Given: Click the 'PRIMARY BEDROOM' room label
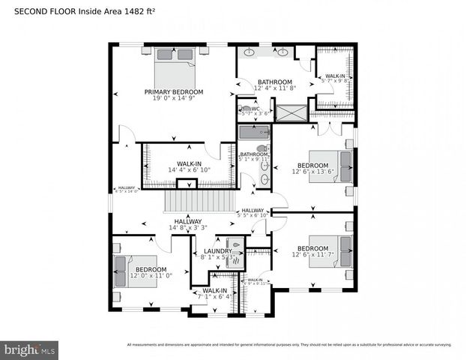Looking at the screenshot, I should (x=174, y=92).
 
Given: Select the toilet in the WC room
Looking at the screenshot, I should (x=246, y=109).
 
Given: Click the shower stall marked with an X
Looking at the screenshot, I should (x=290, y=112).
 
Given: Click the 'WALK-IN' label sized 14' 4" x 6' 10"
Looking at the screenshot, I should (x=188, y=163).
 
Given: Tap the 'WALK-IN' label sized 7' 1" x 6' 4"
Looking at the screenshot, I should (x=214, y=290).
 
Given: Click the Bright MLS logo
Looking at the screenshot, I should (x=30, y=349).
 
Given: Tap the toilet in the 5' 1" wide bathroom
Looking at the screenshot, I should (x=261, y=148).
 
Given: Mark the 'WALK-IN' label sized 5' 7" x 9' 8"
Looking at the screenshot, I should (x=335, y=76).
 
